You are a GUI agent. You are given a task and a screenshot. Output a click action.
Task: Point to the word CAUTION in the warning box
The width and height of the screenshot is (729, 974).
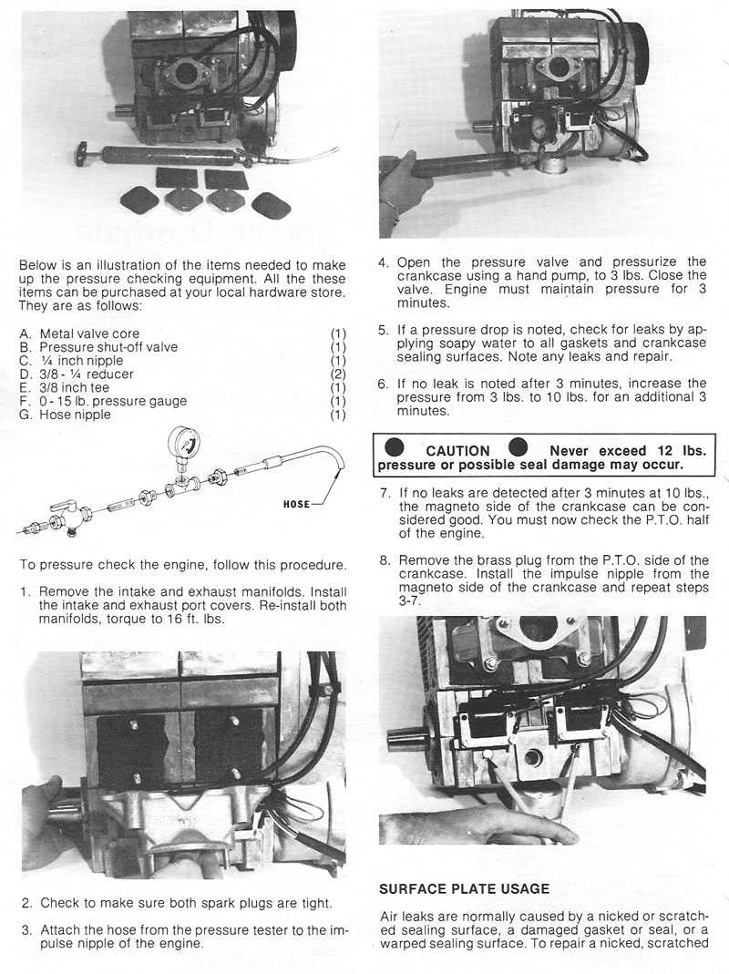pos(457,450)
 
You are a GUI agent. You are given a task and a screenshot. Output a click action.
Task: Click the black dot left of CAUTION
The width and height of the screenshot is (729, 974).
pos(395,449)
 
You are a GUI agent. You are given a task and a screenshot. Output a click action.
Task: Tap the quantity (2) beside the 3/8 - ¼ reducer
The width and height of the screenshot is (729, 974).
pos(338,374)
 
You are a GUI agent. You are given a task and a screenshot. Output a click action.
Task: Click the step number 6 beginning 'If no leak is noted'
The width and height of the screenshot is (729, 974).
pos(385,384)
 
